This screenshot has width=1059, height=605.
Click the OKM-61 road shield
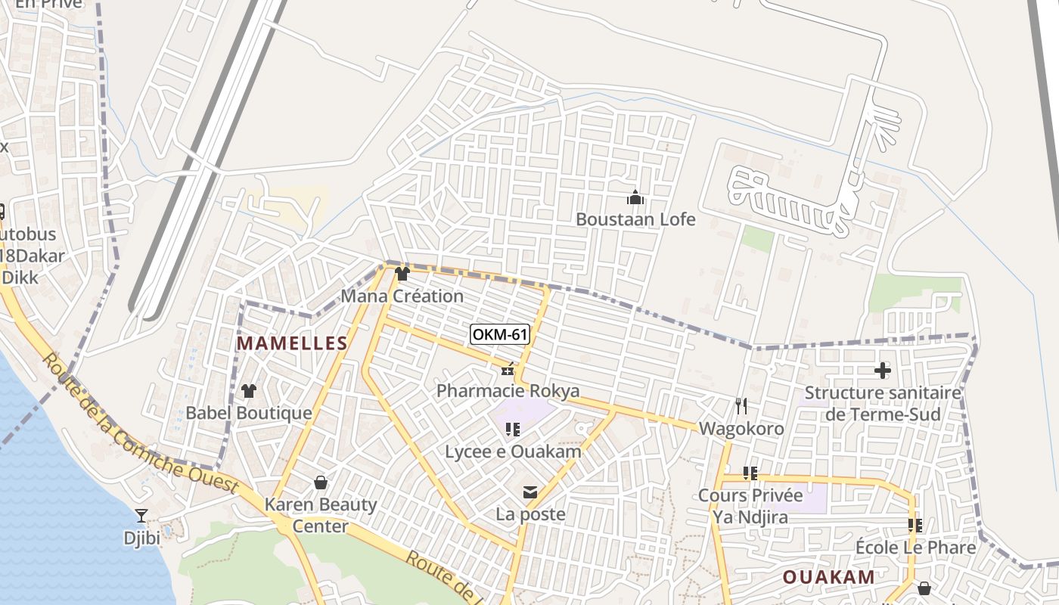(499, 334)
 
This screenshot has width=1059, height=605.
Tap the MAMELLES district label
(292, 343)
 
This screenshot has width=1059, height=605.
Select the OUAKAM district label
(828, 577)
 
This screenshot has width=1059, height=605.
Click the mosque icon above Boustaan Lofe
(635, 198)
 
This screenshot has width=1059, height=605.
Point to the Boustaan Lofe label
(635, 219)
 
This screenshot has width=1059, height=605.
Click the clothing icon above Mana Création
(402, 274)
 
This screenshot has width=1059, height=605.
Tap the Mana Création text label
(402, 296)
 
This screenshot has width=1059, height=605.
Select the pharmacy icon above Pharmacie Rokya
(508, 370)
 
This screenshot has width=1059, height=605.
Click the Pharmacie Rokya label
(508, 391)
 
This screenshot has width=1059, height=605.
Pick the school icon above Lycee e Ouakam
(513, 430)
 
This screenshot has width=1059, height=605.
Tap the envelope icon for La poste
(530, 493)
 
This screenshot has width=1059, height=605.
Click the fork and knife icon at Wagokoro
(741, 406)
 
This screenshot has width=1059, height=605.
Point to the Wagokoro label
(741, 429)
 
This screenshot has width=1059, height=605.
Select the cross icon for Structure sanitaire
(883, 371)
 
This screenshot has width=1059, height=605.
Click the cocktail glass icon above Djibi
(141, 516)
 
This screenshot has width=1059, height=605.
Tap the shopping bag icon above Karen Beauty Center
(321, 482)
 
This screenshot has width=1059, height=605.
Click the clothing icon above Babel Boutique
(248, 391)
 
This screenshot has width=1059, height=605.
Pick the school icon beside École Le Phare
(915, 525)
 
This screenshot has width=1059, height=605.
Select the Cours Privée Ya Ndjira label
(750, 506)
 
